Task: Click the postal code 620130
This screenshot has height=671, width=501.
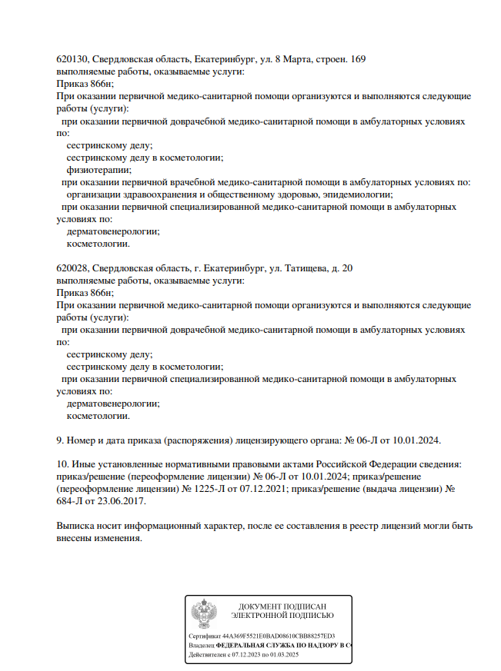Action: pos(72,59)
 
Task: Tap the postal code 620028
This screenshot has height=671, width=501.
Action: pos(72,268)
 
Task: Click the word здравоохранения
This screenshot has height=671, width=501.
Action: pos(157,194)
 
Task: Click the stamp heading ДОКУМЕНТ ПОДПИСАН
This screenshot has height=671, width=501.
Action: pos(282,606)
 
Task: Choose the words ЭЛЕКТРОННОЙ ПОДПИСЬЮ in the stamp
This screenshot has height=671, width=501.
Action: pos(282,616)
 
